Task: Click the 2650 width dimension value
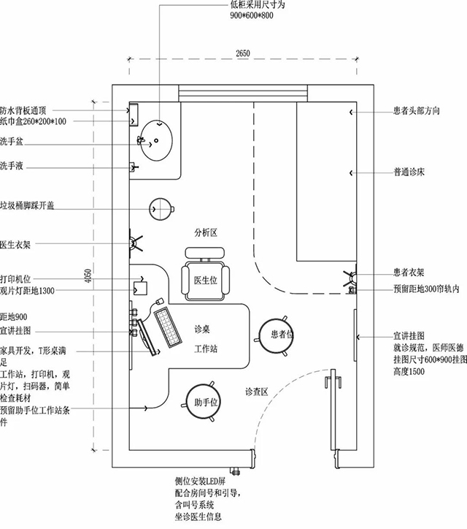click(244, 53)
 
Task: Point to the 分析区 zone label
click(206, 232)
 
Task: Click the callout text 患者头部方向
click(416, 112)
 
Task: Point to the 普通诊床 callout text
click(409, 173)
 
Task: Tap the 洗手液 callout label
click(12, 167)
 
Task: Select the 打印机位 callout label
click(16, 278)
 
